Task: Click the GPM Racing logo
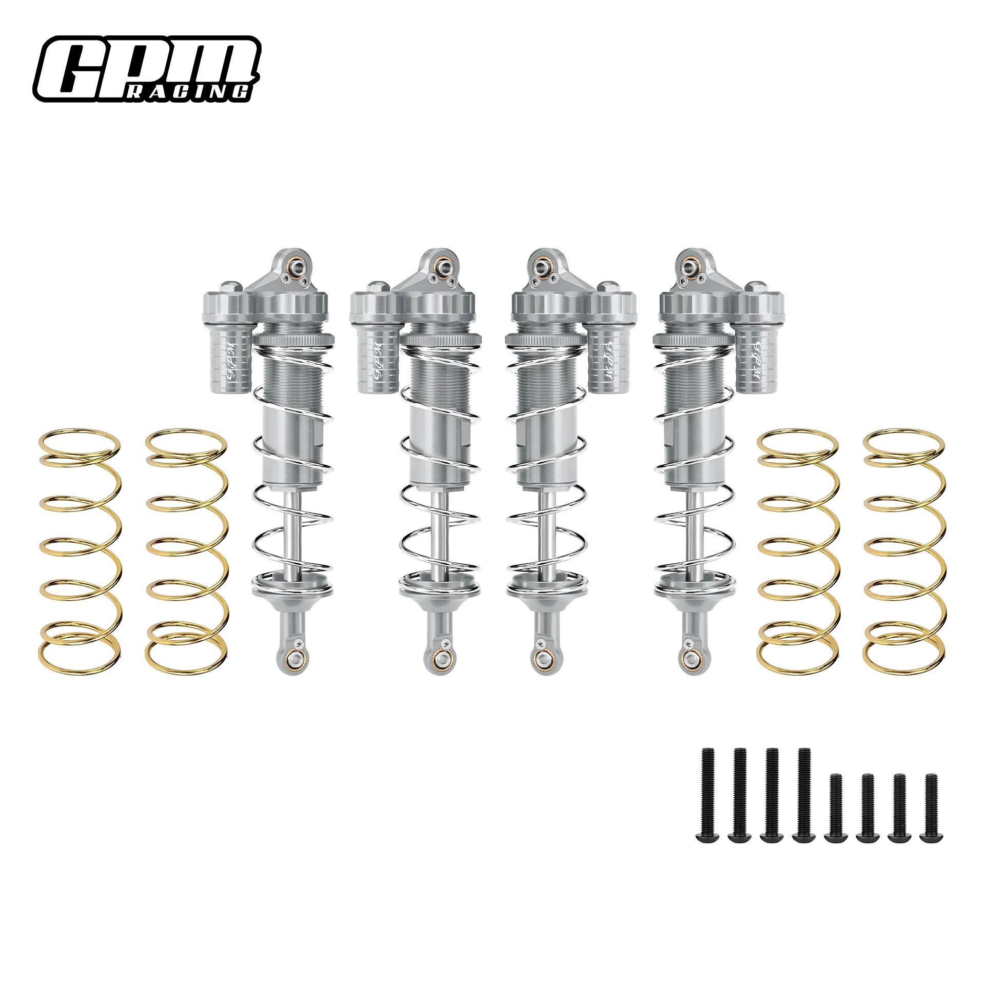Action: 147,69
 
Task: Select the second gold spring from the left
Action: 186,551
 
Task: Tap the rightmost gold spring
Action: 904,551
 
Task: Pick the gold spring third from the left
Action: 798,551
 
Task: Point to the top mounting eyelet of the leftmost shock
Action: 297,266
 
